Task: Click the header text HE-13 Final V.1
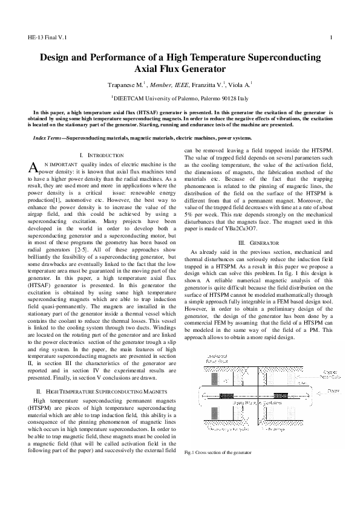[x=47, y=37]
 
